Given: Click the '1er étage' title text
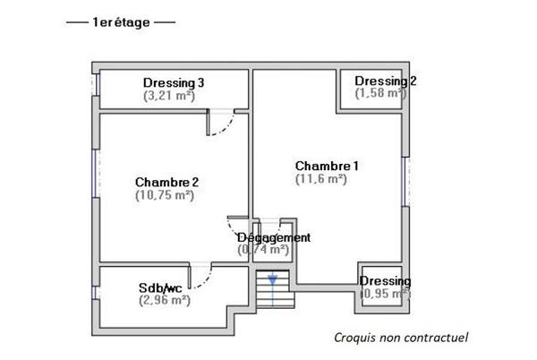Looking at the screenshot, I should (x=121, y=21).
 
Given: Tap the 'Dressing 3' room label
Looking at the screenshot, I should (x=174, y=82).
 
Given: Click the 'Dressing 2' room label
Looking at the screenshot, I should (x=385, y=81).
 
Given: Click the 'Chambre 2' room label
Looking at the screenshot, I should (x=166, y=182).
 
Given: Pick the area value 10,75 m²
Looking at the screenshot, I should (x=166, y=194).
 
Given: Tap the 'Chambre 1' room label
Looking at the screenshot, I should (x=327, y=166).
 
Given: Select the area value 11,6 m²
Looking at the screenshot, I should (x=320, y=178).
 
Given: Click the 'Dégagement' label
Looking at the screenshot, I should (x=273, y=237).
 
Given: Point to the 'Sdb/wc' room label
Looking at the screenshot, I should (x=160, y=287).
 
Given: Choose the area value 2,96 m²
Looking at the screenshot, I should (x=165, y=300).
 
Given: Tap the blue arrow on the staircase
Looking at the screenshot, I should (x=272, y=280).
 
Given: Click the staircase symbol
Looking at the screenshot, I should (x=269, y=290).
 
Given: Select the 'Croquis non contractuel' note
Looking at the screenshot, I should (x=400, y=338).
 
